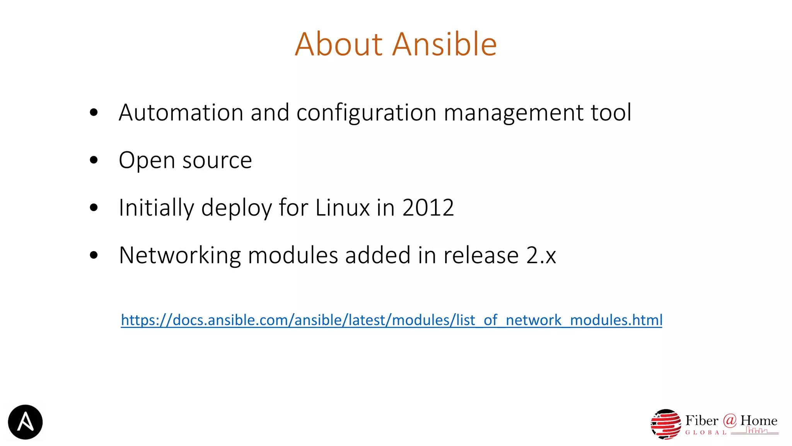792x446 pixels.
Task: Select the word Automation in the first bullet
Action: [181, 113]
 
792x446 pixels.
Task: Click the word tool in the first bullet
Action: [611, 113]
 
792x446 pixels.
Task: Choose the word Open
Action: [147, 161]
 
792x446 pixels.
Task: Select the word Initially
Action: [156, 208]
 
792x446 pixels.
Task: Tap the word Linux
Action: [342, 208]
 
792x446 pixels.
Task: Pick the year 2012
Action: [428, 208]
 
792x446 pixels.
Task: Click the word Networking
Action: [180, 256]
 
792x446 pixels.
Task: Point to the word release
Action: [481, 256]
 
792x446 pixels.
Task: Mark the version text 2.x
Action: [541, 256]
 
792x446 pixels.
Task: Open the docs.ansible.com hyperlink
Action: [391, 320]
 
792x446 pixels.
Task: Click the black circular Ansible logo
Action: [25, 422]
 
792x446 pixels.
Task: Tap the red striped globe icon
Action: [666, 424]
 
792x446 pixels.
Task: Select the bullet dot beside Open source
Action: [94, 160]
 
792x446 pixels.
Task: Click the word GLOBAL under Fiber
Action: [706, 432]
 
